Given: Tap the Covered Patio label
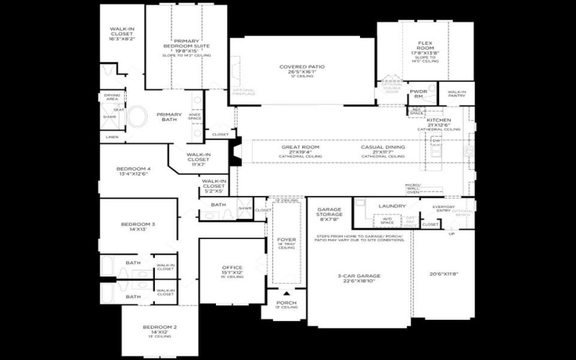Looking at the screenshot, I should (x=302, y=67).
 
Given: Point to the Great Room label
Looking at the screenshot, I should (x=300, y=147).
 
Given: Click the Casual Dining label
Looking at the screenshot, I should (x=383, y=147).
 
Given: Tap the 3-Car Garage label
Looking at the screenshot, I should (x=358, y=276).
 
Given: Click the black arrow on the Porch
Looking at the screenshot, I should (x=287, y=294).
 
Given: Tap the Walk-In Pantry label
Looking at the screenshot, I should (x=457, y=92).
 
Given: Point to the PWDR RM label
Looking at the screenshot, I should (x=418, y=93).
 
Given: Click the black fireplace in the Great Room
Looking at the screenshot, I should (x=235, y=150).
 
